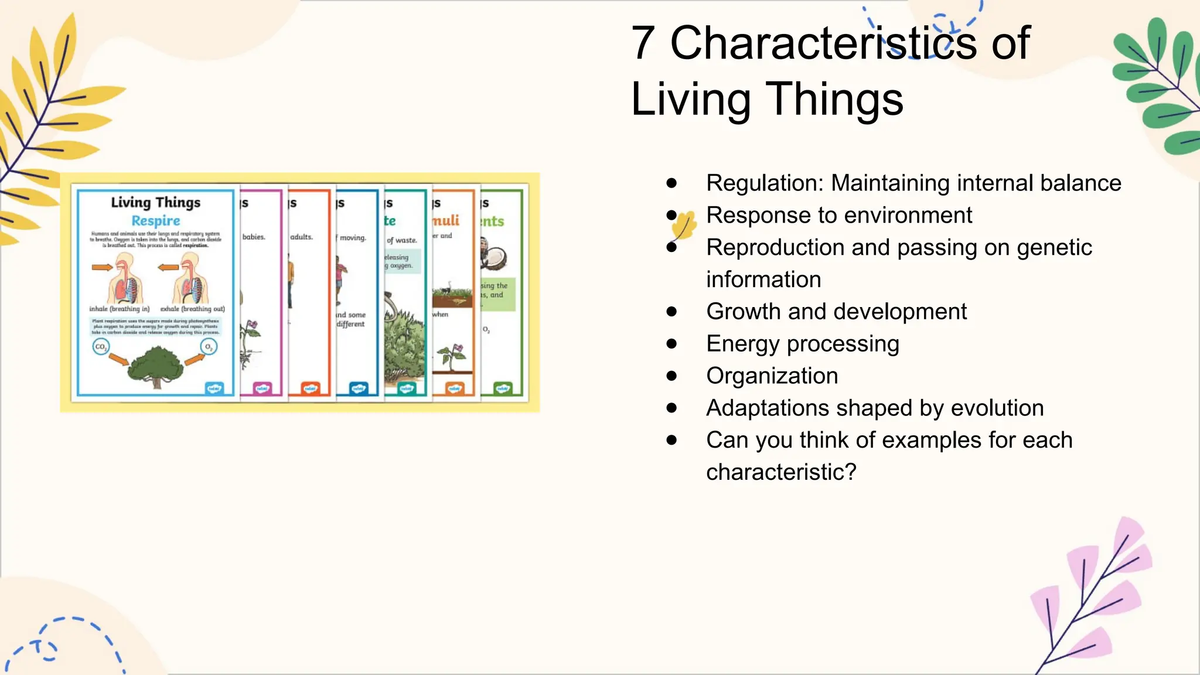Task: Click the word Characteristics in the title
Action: pos(823,43)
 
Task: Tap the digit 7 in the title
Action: pos(643,43)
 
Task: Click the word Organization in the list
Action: pos(772,376)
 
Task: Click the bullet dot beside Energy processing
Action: pos(671,344)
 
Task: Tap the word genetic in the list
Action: pos(1054,248)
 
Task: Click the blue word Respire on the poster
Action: pos(155,221)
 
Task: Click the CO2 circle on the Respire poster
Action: pos(101,347)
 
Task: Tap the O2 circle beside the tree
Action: pos(208,347)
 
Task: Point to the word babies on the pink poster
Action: pos(254,237)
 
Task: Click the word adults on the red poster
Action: pos(302,237)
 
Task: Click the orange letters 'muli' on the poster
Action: pos(446,221)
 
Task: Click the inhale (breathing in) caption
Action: pos(120,309)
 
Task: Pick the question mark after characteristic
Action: pos(850,472)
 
